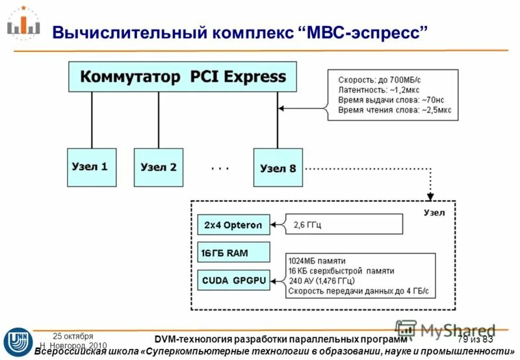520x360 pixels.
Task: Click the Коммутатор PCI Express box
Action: tap(183, 77)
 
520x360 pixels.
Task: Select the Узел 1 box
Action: tap(91, 167)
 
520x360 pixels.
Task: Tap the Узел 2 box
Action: tap(158, 167)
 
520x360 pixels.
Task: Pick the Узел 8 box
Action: tap(278, 168)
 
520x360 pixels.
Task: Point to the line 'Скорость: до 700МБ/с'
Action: tap(379, 80)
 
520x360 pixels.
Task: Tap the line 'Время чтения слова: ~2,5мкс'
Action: tap(393, 111)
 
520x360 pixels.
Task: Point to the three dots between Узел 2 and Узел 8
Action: tap(220, 168)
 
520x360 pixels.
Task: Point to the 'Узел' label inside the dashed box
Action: tap(434, 212)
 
